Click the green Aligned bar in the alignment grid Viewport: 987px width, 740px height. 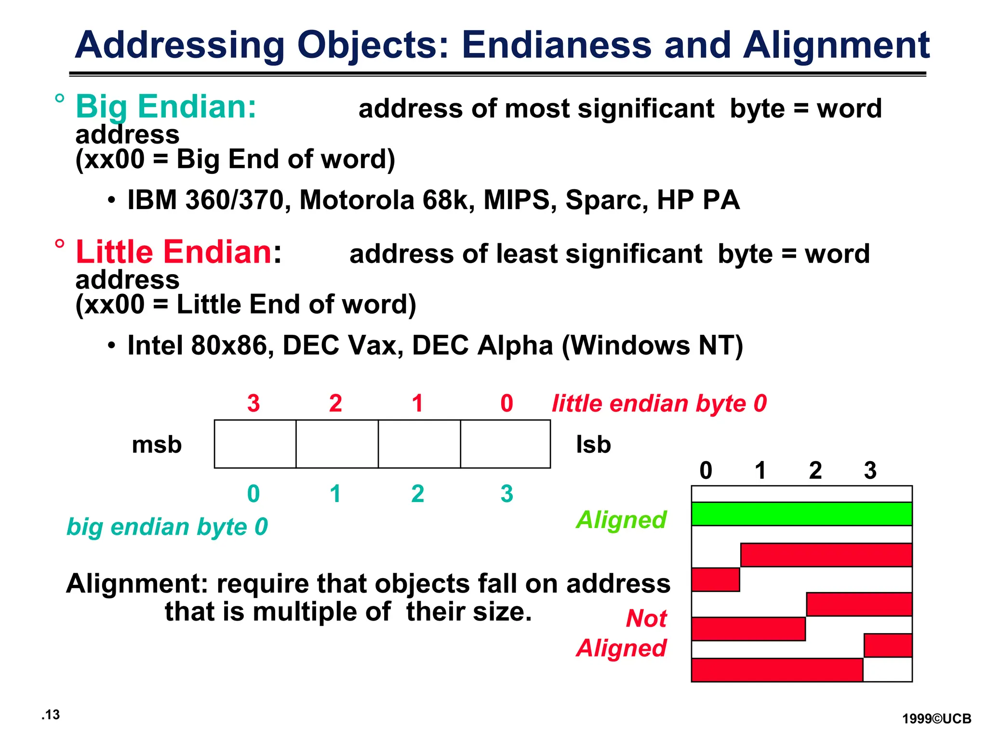click(x=801, y=514)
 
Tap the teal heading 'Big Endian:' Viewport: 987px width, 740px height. click(x=166, y=106)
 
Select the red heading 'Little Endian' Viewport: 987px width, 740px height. click(x=174, y=252)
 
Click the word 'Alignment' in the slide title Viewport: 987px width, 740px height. click(x=836, y=45)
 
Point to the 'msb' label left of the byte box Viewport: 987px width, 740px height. click(x=157, y=445)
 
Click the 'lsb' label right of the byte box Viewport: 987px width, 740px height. click(x=593, y=445)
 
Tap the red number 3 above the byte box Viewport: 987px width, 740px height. click(x=253, y=403)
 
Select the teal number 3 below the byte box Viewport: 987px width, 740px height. click(x=507, y=494)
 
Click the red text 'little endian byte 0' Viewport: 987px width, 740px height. click(x=659, y=404)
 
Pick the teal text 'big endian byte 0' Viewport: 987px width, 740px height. click(x=167, y=527)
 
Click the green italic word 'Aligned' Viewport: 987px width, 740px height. click(x=621, y=520)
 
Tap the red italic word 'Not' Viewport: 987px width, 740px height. click(x=646, y=619)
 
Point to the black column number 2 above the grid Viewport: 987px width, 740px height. click(x=815, y=471)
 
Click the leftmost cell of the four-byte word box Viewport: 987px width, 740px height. click(x=255, y=444)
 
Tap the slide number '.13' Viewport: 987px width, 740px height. click(x=51, y=715)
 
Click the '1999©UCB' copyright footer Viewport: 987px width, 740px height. click(x=936, y=719)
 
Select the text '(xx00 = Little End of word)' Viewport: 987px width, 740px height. click(x=246, y=304)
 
